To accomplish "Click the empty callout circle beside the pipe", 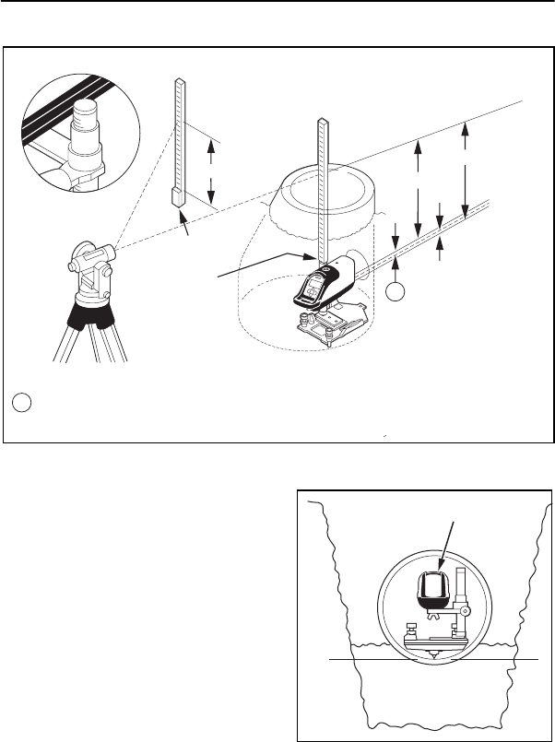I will pyautogui.click(x=395, y=292).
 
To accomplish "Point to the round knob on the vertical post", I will pyautogui.click(x=466, y=611).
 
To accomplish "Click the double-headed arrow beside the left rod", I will pyautogui.click(x=212, y=168).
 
